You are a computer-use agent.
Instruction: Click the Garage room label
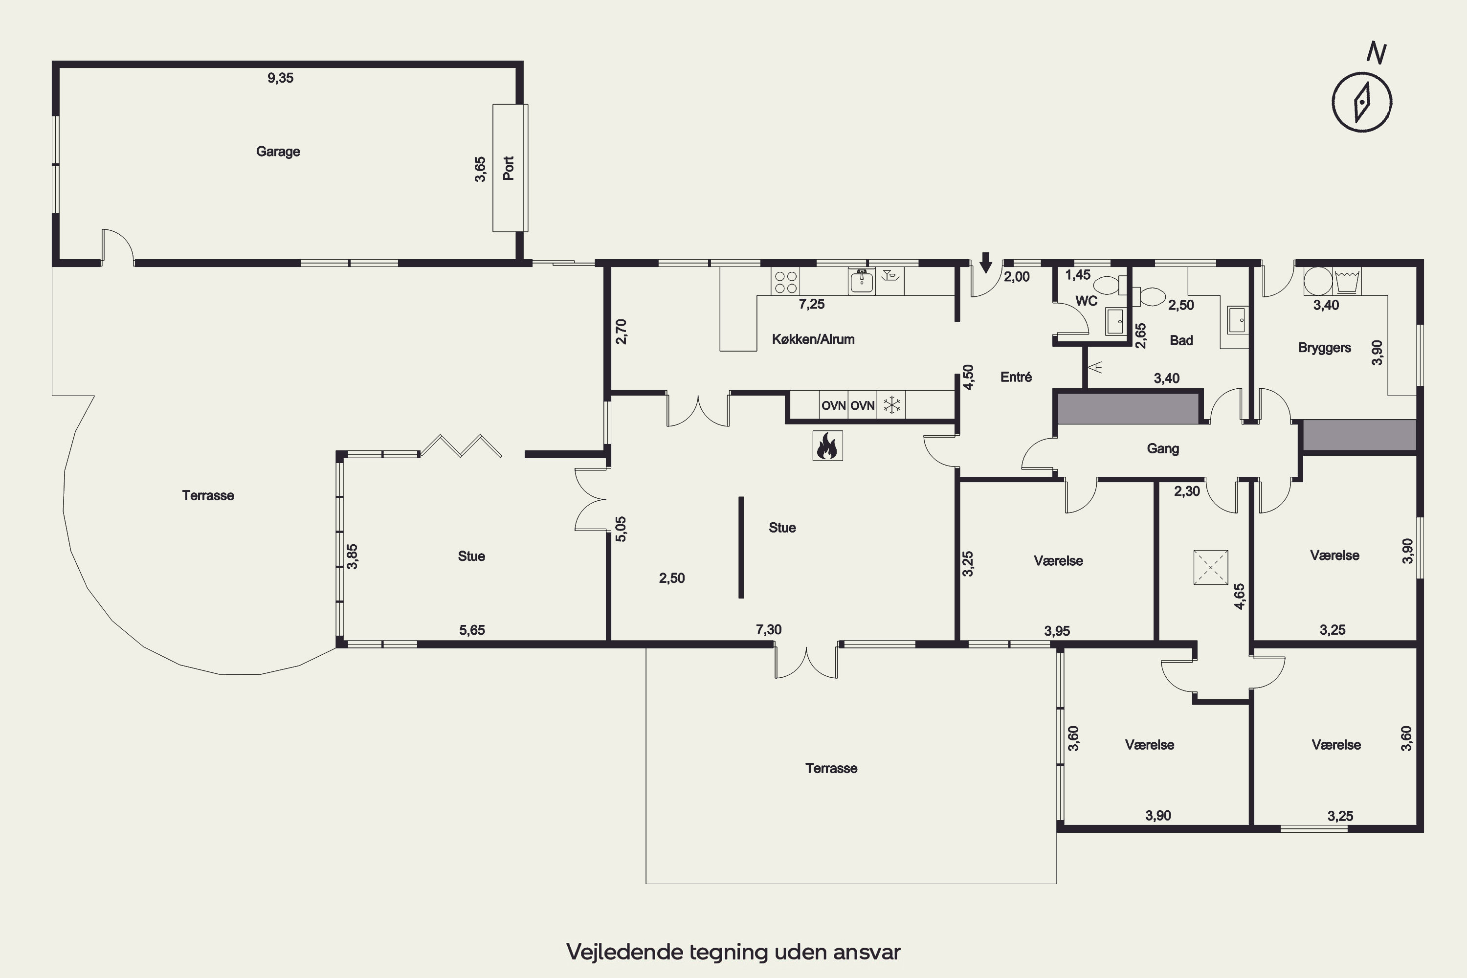[x=278, y=152]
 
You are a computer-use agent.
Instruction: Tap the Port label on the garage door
[x=509, y=168]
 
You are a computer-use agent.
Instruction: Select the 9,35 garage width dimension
[x=281, y=78]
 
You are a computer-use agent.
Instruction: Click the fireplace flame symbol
[x=828, y=446]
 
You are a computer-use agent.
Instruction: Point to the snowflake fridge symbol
[x=892, y=405]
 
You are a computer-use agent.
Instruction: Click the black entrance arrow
[x=985, y=263]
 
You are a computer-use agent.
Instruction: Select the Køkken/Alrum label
[x=813, y=340]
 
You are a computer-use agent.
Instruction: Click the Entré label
[x=1016, y=377]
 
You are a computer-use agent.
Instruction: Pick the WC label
[x=1087, y=301]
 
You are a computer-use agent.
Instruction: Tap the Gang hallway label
[x=1163, y=448]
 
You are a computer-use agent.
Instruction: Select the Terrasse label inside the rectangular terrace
[x=831, y=768]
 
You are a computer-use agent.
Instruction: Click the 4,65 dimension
[x=1239, y=596]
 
